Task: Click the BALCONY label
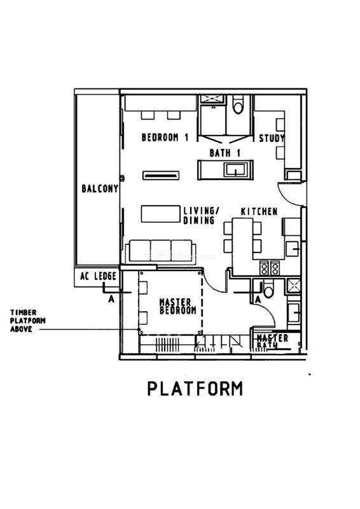[x=100, y=188]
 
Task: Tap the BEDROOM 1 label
[x=165, y=137]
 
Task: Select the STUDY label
[x=272, y=139]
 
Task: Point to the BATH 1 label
[x=225, y=153]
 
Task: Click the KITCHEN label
[x=259, y=212]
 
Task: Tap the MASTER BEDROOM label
[x=178, y=307]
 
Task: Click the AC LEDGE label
[x=99, y=276]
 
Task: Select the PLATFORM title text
[x=195, y=388]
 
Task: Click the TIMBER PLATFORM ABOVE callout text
[x=27, y=321]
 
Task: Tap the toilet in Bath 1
[x=238, y=104]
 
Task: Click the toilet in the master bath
[x=268, y=289]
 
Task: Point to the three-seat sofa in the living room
[x=161, y=251]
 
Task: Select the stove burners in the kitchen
[x=270, y=268]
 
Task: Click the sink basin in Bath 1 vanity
[x=236, y=170]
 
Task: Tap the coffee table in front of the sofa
[x=160, y=214]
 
